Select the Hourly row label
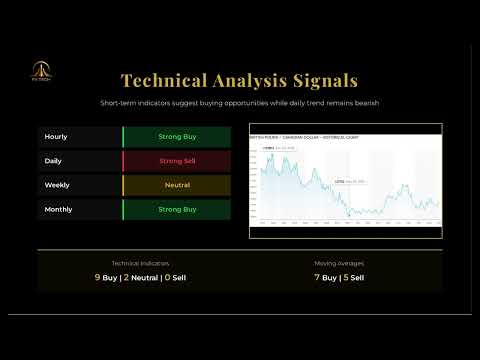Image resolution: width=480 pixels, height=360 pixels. point(56,135)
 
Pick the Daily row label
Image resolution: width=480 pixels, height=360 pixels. point(54,160)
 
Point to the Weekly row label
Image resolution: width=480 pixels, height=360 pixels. point(57,185)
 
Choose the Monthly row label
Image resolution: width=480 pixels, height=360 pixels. point(58,210)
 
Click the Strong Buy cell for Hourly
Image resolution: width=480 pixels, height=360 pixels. point(177,135)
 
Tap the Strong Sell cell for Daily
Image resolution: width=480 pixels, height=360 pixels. point(177,160)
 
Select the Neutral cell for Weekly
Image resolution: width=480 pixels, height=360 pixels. point(177,185)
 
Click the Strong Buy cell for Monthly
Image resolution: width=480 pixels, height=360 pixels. point(177,210)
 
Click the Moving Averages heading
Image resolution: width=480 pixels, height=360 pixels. point(339,263)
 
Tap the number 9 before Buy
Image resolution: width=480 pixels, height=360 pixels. point(97,277)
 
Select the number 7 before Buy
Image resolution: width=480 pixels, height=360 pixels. point(317,277)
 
